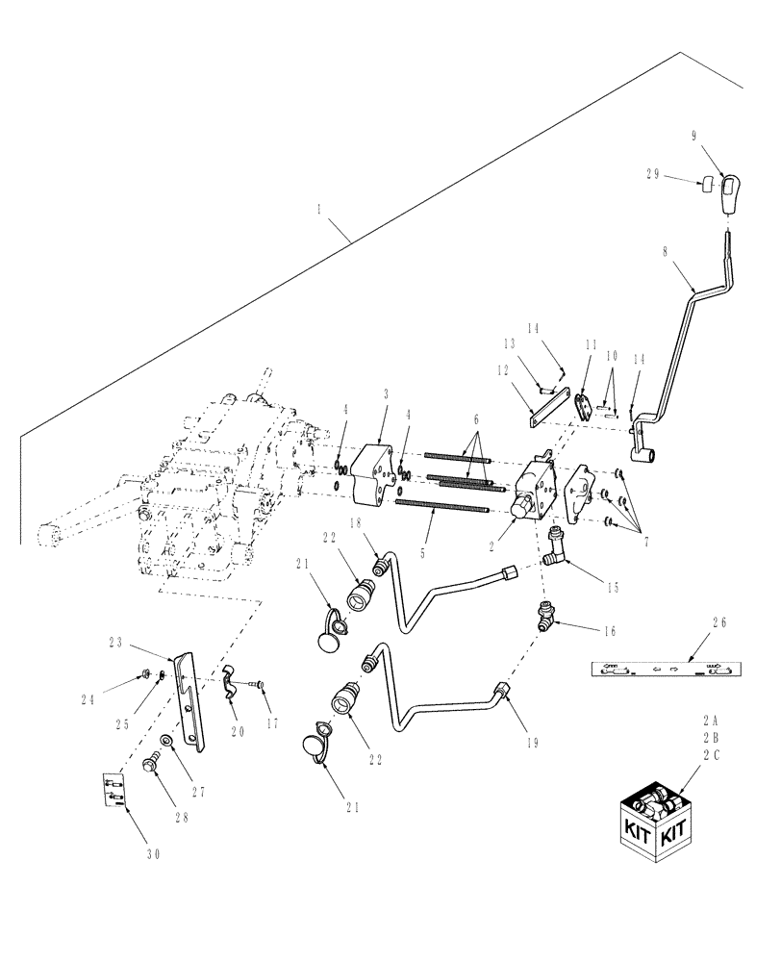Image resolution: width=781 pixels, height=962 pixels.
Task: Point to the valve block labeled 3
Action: (373, 475)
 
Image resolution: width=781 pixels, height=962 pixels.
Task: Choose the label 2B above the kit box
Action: (711, 735)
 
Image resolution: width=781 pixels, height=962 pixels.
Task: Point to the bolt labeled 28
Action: (150, 763)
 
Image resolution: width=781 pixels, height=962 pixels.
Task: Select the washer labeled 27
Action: (166, 741)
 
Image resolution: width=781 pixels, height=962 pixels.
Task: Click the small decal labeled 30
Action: (114, 792)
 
